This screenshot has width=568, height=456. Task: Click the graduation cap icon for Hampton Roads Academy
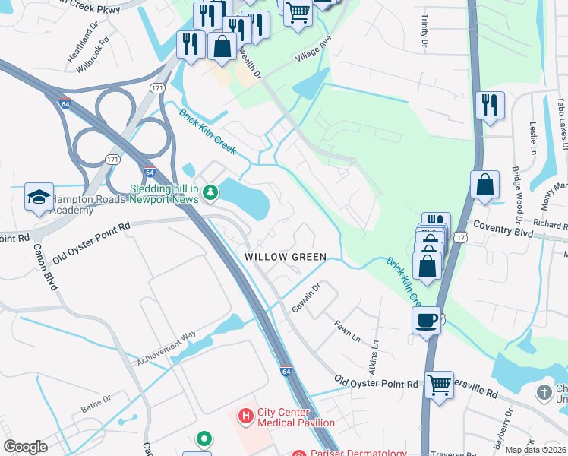click(39, 197)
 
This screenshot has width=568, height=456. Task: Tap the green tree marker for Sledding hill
click(210, 194)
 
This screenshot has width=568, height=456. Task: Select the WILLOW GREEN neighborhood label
click(286, 257)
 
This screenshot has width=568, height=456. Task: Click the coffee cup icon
click(427, 319)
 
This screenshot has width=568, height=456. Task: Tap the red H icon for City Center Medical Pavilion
click(245, 416)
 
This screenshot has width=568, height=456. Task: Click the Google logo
click(25, 447)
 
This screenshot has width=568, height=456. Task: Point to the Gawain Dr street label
click(308, 298)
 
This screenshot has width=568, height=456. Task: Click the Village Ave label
click(314, 52)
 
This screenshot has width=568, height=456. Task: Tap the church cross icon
click(544, 392)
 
